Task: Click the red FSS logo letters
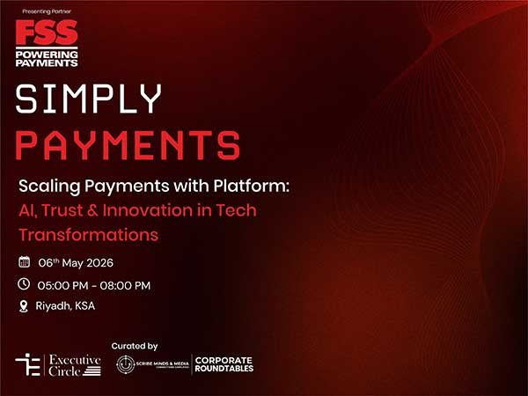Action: coord(46,34)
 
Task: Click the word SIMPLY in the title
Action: coord(89,100)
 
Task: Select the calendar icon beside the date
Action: coord(24,262)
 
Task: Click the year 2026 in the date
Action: coord(98,263)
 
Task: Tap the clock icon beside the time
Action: coord(24,284)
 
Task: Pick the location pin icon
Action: coord(24,306)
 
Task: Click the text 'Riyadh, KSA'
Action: coord(66,306)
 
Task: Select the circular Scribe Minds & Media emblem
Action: coord(126,364)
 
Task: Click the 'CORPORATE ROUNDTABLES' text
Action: coord(224,364)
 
